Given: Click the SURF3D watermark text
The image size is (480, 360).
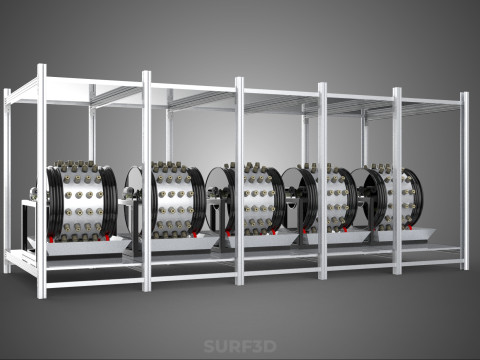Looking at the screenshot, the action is (x=240, y=346).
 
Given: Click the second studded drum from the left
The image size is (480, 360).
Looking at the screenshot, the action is (x=173, y=199).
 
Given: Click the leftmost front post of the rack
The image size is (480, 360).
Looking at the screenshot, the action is (x=41, y=181).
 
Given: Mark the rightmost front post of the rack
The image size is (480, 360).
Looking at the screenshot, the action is (x=465, y=181).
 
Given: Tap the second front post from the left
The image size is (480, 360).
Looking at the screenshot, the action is (x=147, y=181).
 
